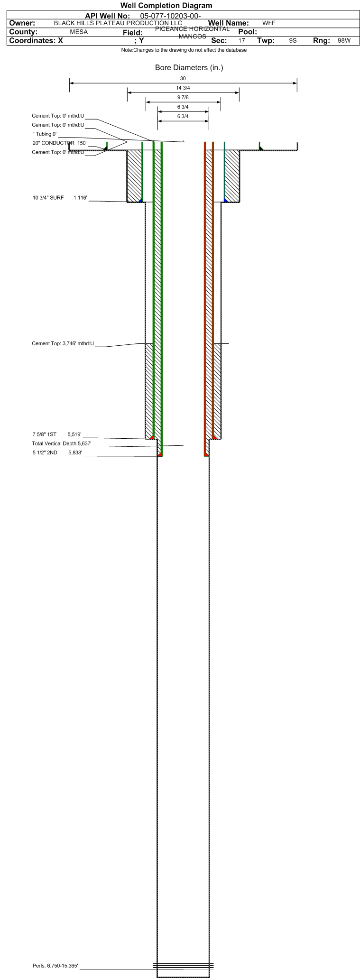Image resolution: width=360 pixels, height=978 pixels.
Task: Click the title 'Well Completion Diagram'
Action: pos(166,6)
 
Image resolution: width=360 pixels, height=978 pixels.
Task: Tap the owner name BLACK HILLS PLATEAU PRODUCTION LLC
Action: pos(118,23)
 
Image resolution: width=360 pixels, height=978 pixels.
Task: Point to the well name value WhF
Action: pos(268,23)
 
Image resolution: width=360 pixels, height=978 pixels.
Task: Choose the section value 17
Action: pos(241,41)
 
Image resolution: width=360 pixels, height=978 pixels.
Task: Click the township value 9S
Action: pos(293,41)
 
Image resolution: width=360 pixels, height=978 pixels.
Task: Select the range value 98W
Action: pos(344,41)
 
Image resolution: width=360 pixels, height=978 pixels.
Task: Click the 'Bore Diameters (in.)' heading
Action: pos(189,68)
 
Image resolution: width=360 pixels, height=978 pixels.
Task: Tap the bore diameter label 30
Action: pos(183,78)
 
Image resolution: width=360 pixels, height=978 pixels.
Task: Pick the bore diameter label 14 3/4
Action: pos(183,88)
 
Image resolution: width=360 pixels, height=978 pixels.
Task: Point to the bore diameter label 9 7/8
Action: pos(183,97)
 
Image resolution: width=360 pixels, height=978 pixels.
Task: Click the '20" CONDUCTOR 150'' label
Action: pos(59,143)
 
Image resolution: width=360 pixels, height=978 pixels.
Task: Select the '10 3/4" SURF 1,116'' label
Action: pos(60,198)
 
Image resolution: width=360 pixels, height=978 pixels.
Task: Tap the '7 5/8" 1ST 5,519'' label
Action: pos(57,434)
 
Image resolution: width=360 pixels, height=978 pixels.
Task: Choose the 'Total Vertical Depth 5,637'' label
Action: pos(61,443)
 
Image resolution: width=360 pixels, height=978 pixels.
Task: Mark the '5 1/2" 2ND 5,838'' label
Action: pos(57,453)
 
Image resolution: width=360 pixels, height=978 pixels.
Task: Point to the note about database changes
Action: pos(184,50)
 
